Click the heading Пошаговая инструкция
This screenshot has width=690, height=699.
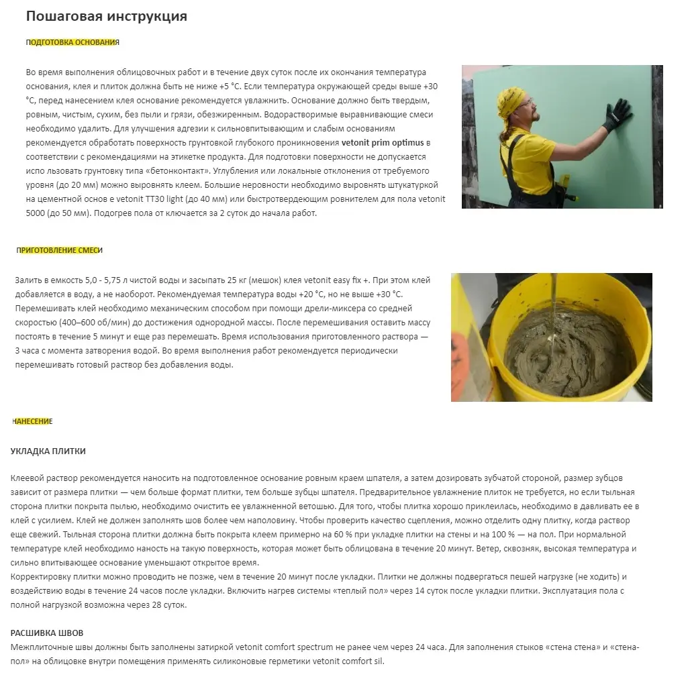pyautogui.click(x=107, y=17)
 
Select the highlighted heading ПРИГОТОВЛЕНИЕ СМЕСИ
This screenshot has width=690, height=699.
pyautogui.click(x=60, y=250)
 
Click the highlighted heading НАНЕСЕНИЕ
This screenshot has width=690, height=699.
pyautogui.click(x=32, y=421)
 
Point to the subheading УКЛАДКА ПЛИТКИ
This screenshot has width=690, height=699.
pyautogui.click(x=48, y=451)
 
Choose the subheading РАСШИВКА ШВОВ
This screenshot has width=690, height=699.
pyautogui.click(x=47, y=633)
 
